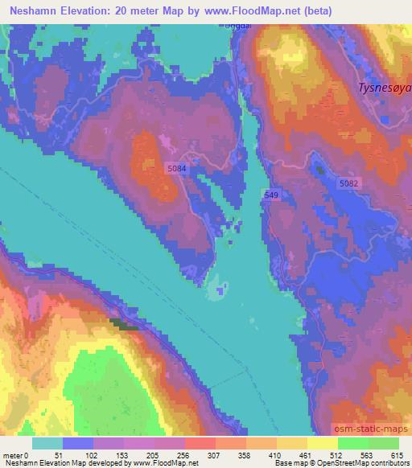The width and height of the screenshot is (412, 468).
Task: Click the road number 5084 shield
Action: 178,167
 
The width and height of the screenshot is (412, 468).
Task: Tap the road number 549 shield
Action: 272,195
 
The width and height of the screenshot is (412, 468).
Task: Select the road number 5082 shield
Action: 350,184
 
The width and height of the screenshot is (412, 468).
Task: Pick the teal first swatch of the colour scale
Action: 47,442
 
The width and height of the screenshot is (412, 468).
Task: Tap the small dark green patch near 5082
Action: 320,169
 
